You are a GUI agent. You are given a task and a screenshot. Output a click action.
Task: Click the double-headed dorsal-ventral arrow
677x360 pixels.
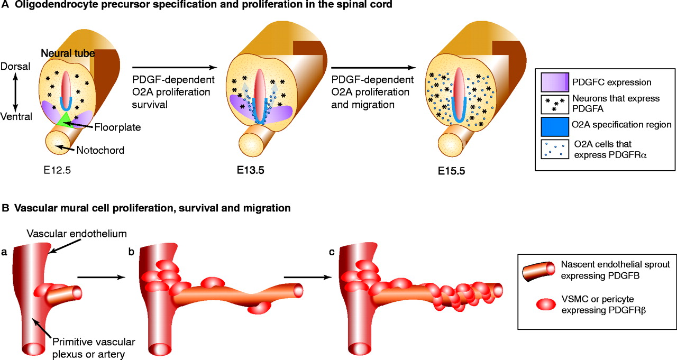pyautogui.click(x=16, y=91)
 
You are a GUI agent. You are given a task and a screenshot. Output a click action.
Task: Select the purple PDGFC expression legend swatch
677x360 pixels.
pyautogui.click(x=554, y=82)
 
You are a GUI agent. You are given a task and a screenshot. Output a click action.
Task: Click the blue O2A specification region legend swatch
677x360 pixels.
pyautogui.click(x=554, y=125)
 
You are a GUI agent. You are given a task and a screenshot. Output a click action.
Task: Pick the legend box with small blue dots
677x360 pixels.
pyautogui.click(x=554, y=149)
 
